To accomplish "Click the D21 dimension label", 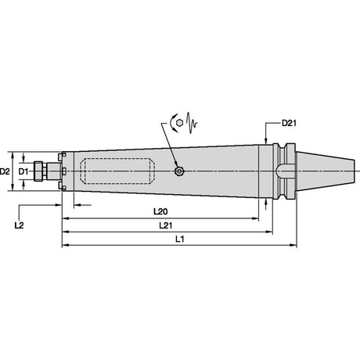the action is point(289,123).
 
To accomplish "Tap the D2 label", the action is point(5,171).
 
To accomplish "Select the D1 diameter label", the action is point(23,171).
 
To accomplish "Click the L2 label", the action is point(19,225).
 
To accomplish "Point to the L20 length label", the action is point(160,211).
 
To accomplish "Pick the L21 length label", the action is point(166,225).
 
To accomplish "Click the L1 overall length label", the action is point(180,239).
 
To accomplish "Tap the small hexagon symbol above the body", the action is point(179,123).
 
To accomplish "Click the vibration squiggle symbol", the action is point(192,123).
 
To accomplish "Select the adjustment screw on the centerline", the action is point(179,171).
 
